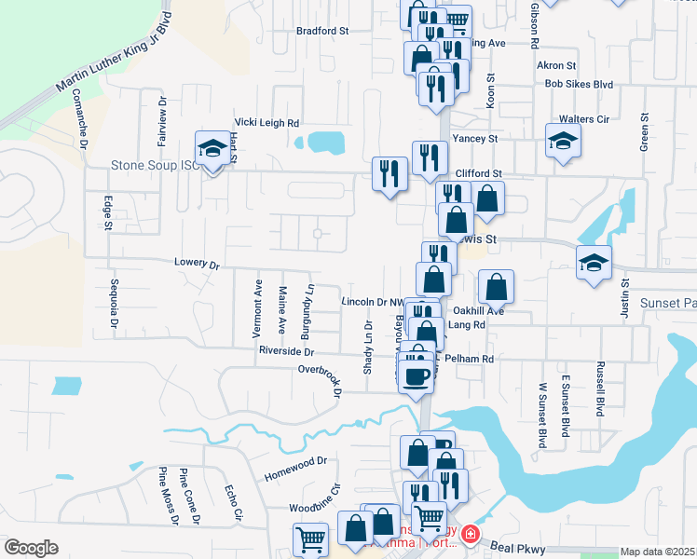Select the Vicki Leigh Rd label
click(266, 122)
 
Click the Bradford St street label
click(321, 31)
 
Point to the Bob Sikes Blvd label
click(579, 84)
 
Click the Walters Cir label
click(583, 119)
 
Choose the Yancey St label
click(474, 139)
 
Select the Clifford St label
click(478, 174)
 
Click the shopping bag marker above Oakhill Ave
click(497, 287)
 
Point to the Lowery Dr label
click(196, 265)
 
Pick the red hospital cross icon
click(470, 534)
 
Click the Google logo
click(31, 547)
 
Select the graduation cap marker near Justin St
click(594, 263)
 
